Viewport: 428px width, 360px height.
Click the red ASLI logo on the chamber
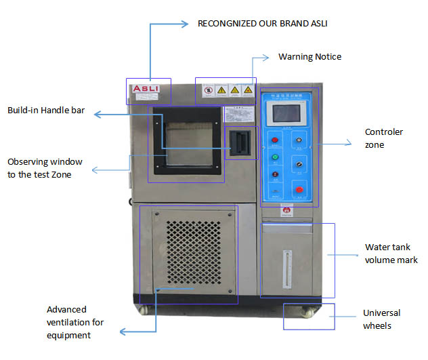(x=145, y=88)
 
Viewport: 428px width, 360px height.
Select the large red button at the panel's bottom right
(x=298, y=189)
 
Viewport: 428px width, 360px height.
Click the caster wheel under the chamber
(x=307, y=313)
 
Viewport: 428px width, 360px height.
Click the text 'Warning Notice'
(x=309, y=57)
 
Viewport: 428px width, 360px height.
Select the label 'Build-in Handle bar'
(x=46, y=111)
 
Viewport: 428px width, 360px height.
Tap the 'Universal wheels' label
(x=381, y=319)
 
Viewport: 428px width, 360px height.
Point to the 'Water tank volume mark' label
(x=391, y=254)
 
